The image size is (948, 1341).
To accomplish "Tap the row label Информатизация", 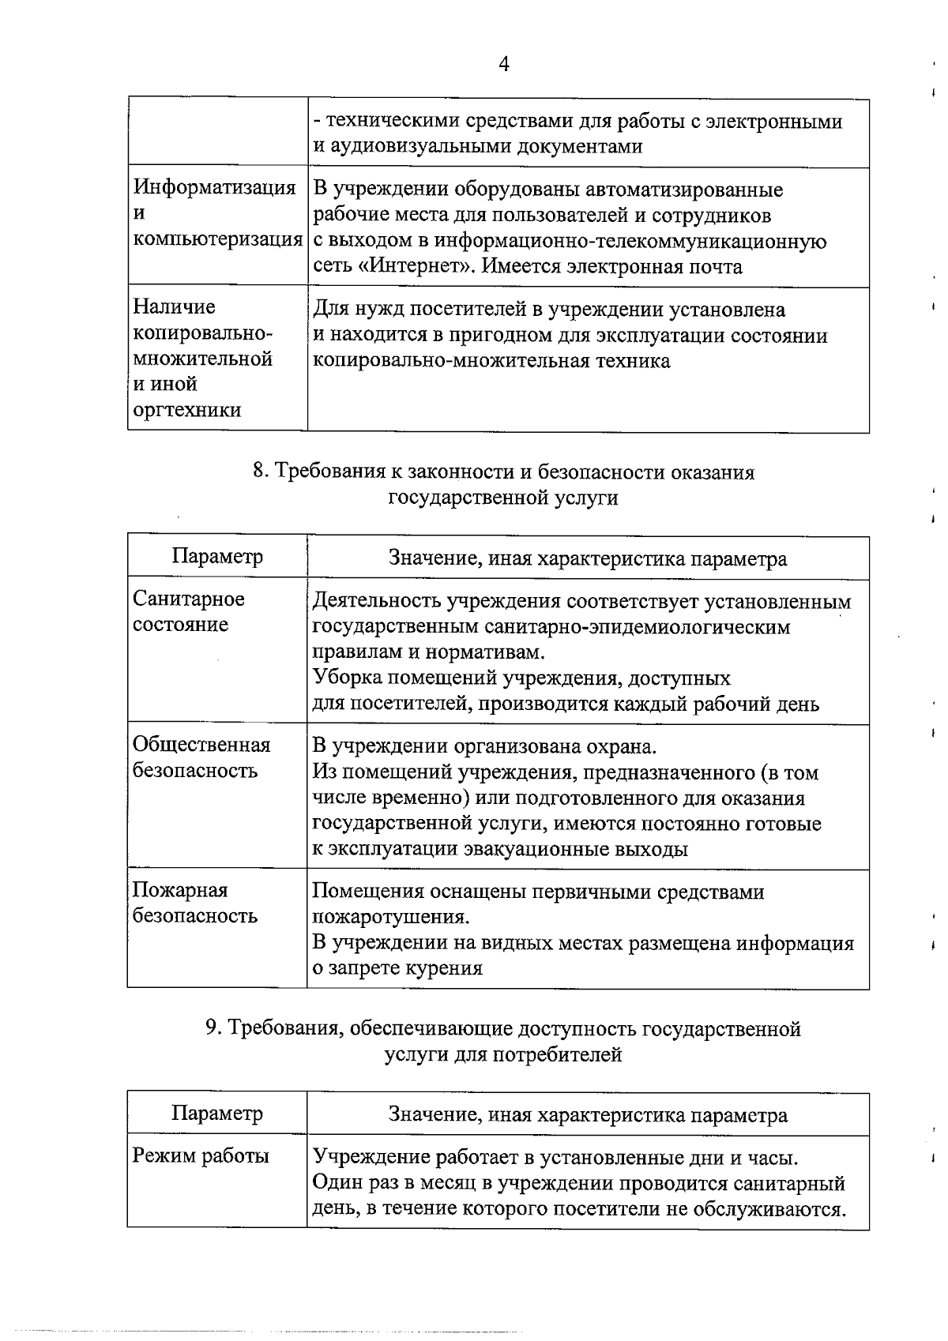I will point(214,188).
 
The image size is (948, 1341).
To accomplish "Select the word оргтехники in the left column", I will point(187,410).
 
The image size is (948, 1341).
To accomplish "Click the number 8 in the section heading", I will point(258,472).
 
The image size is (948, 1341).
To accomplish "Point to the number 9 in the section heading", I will point(211,1029).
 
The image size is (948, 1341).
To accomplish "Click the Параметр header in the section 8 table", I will point(217,557).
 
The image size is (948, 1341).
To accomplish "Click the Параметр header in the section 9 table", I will point(217,1114).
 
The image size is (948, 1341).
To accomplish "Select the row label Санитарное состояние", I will point(189,611).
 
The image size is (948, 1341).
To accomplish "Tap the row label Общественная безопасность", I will point(201,757).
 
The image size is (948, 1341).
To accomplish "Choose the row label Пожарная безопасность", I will point(194,903).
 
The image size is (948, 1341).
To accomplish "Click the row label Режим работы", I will point(201,1156).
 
